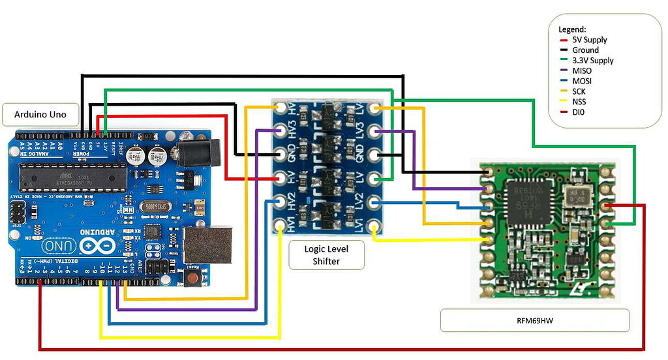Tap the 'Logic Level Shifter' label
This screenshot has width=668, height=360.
tap(326, 255)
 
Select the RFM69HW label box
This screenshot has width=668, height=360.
tap(534, 321)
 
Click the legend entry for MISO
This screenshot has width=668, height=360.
tap(582, 70)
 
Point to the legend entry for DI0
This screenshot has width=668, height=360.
tap(579, 112)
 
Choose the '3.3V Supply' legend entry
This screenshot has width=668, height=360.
tap(592, 60)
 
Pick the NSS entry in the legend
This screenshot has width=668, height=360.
tap(579, 102)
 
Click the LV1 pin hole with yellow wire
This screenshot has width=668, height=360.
tap(374, 226)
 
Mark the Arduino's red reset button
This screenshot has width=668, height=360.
tap(192, 279)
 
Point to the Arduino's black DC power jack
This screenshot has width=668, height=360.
tap(192, 153)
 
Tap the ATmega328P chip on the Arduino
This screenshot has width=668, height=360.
tap(72, 175)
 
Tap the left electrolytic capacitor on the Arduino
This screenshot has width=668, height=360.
tap(136, 155)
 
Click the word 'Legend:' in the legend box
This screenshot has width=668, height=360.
tap(572, 29)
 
